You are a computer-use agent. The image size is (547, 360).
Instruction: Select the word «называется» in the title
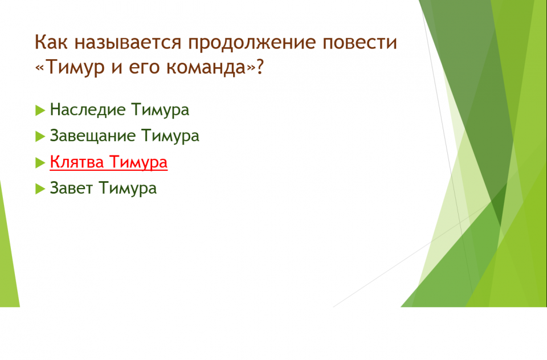click(x=128, y=42)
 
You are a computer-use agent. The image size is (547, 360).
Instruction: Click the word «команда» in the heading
click(x=206, y=67)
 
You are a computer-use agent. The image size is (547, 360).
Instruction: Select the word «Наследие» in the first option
click(x=87, y=109)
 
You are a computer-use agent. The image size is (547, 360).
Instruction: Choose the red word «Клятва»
click(x=77, y=162)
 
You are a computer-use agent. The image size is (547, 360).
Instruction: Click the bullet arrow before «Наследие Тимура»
click(x=40, y=111)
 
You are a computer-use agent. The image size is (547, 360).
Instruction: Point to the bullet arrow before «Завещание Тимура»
click(x=40, y=136)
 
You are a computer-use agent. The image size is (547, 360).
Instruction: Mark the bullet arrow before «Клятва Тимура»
click(x=40, y=162)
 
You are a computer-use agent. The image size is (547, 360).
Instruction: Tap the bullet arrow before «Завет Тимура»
click(x=40, y=189)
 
